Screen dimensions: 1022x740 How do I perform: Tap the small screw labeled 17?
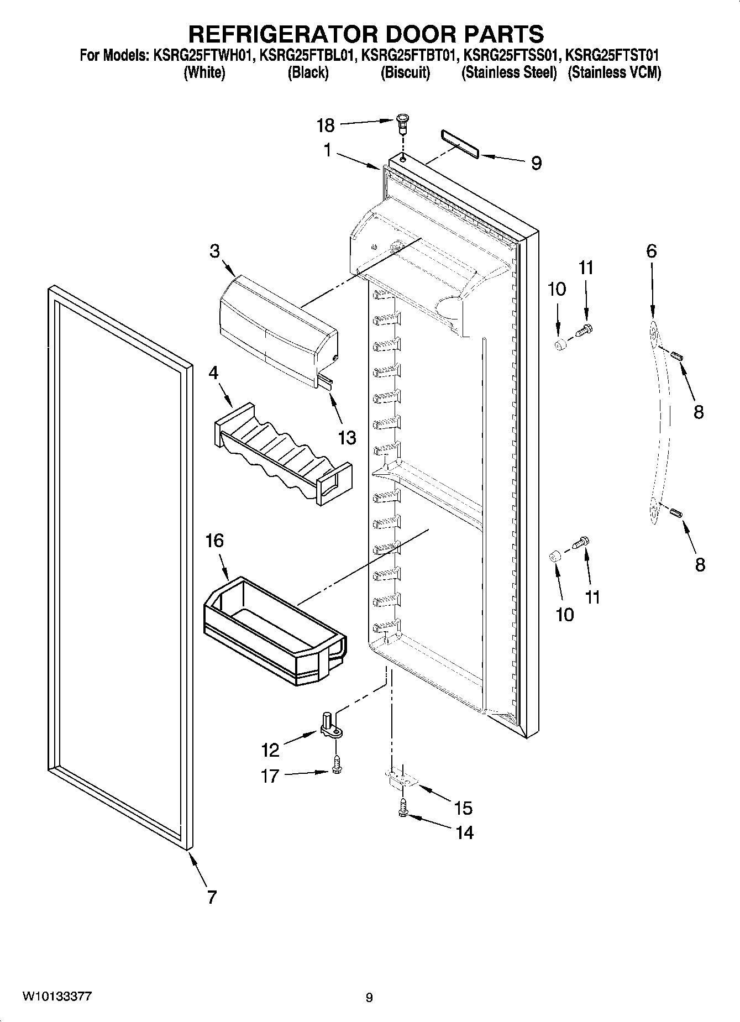click(337, 765)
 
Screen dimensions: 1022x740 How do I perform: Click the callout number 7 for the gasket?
click(212, 897)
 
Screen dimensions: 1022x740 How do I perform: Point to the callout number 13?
click(347, 438)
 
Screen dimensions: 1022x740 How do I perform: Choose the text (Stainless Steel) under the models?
click(508, 72)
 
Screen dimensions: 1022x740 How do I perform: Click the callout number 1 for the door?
click(328, 150)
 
